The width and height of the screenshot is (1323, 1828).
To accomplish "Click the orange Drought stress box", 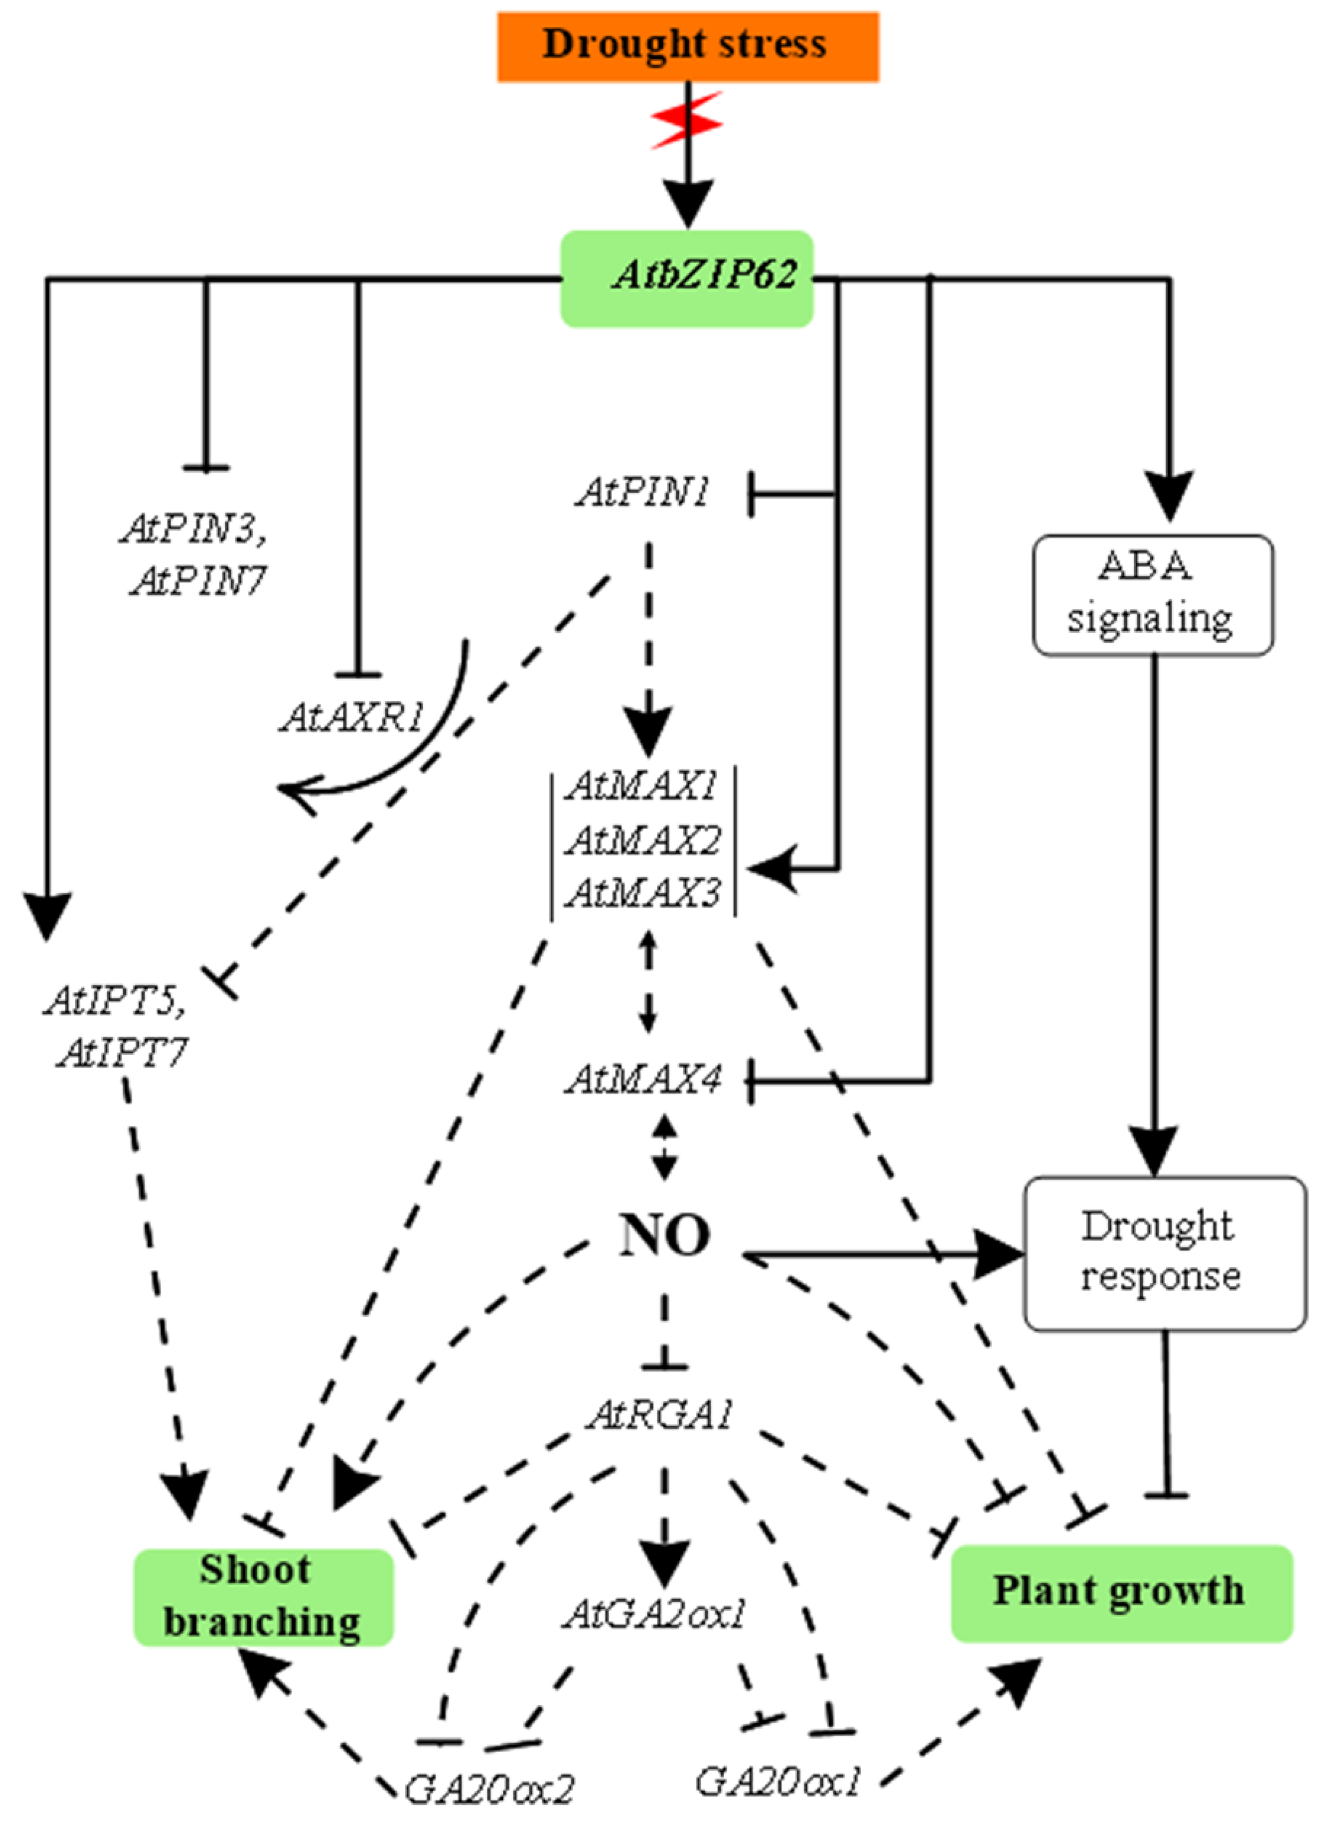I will point(687,46).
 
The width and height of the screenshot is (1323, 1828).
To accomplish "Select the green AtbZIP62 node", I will point(687,278).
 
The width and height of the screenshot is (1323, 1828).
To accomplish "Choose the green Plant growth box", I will point(1121,1593).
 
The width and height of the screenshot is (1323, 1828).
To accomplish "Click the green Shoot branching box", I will point(263,1596).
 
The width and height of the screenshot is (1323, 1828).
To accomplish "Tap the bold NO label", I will point(665,1236).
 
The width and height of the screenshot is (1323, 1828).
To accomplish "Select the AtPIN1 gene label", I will point(642,491).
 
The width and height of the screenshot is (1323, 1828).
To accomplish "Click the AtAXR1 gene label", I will point(351,717).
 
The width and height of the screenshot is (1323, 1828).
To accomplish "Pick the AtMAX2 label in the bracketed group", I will point(642,841).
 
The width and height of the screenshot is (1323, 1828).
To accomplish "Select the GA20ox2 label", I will point(489,1790).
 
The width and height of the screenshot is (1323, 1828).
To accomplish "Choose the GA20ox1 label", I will point(779,1781).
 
